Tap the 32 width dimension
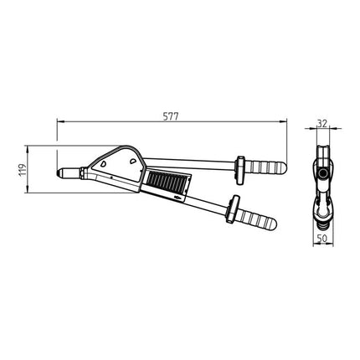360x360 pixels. [x=321, y=122]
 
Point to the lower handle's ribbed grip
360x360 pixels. [x=256, y=219]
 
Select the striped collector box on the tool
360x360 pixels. [x=167, y=179]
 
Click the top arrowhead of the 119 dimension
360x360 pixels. [x=29, y=149]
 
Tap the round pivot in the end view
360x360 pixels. [x=321, y=173]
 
